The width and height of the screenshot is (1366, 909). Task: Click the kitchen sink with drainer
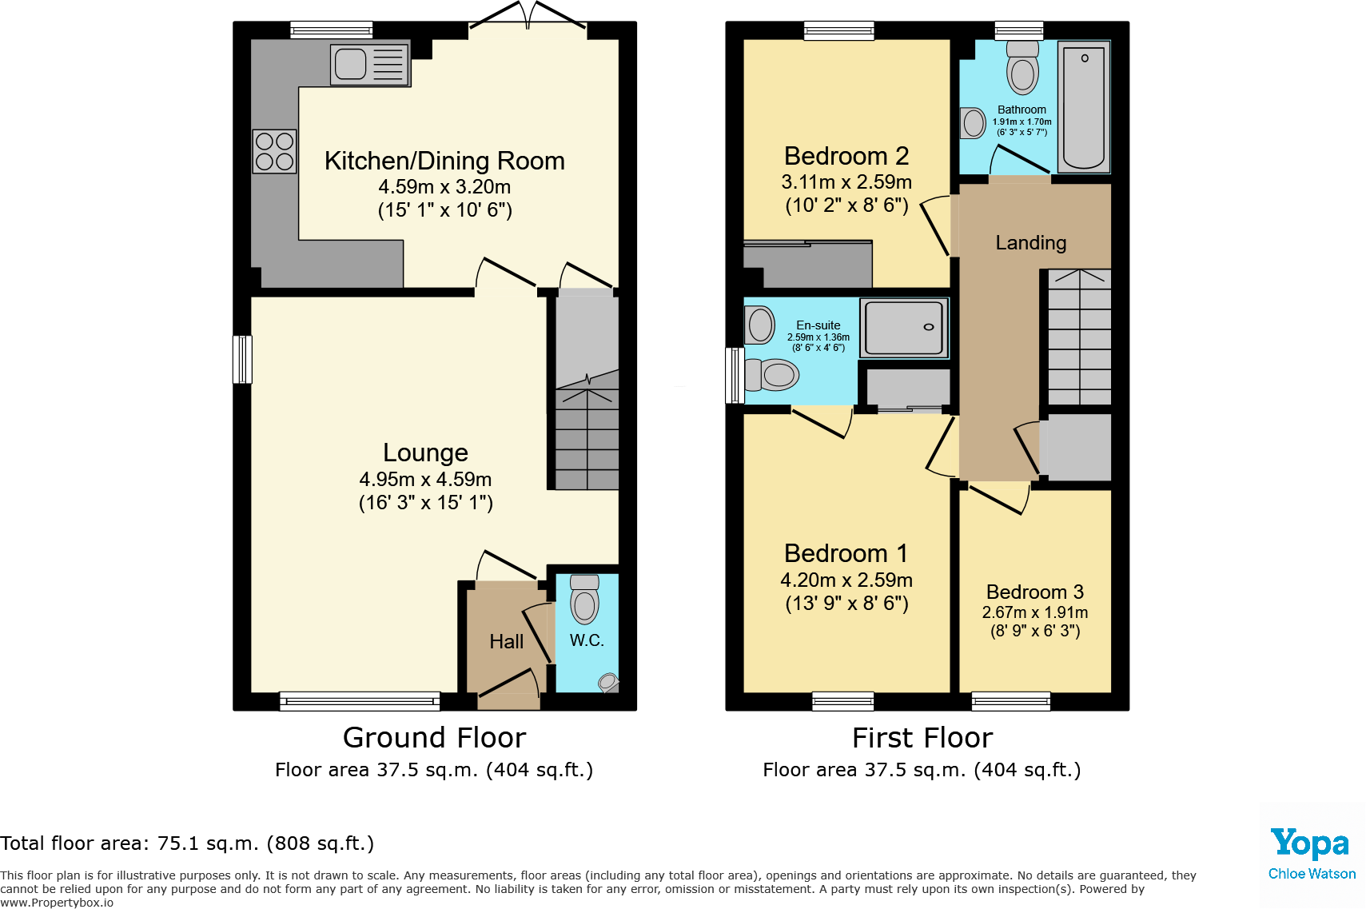pyautogui.click(x=370, y=65)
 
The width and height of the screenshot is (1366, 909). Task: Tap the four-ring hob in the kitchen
pyautogui.click(x=274, y=152)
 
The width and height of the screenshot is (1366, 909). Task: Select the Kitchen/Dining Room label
pyautogui.click(x=444, y=161)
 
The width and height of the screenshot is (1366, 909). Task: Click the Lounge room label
pyautogui.click(x=425, y=453)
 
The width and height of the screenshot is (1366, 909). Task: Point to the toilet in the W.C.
pyautogui.click(x=585, y=599)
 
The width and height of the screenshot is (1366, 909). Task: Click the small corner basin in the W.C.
pyautogui.click(x=608, y=682)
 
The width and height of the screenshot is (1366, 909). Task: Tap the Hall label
pyautogui.click(x=506, y=641)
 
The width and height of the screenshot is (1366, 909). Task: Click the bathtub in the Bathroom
pyautogui.click(x=1084, y=106)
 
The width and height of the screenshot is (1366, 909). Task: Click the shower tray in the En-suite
pyautogui.click(x=904, y=328)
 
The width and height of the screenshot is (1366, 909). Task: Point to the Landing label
pyautogui.click(x=1030, y=242)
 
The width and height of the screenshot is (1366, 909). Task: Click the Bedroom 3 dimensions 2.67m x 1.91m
pyautogui.click(x=1034, y=612)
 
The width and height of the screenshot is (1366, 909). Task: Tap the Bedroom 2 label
pyautogui.click(x=846, y=156)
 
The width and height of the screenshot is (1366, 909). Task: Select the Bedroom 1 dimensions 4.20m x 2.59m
pyautogui.click(x=846, y=580)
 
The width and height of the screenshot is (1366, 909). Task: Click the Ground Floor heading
pyautogui.click(x=434, y=737)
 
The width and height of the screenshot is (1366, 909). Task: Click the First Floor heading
pyautogui.click(x=922, y=737)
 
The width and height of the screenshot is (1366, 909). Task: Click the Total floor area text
pyautogui.click(x=187, y=843)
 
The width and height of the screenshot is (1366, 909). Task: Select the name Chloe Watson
pyautogui.click(x=1312, y=874)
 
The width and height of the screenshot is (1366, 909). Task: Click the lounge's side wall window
pyautogui.click(x=242, y=359)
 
